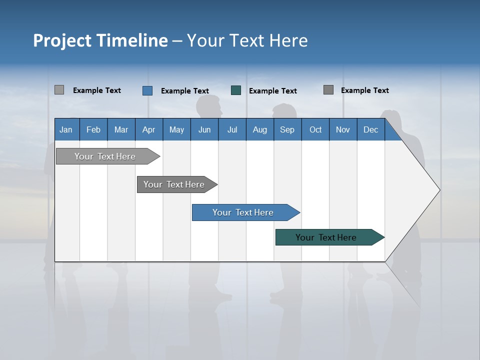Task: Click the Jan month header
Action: [66, 129]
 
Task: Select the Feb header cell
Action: [93, 129]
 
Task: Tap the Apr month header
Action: [148, 129]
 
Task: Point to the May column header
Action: [176, 129]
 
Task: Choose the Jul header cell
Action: [232, 129]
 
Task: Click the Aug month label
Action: [259, 129]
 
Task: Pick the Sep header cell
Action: [287, 129]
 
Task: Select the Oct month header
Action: [315, 129]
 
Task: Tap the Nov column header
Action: [343, 129]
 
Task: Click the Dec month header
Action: [370, 129]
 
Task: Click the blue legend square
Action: [147, 90]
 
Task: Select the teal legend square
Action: [236, 90]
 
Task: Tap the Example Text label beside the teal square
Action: [273, 91]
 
